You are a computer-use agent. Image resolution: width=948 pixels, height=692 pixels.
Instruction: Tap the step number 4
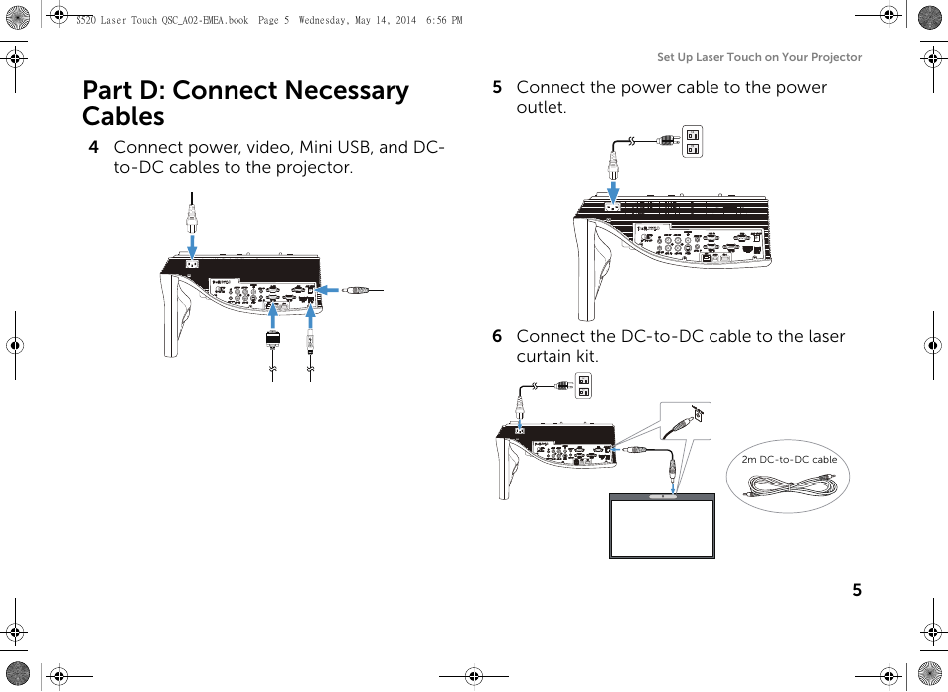click(x=93, y=147)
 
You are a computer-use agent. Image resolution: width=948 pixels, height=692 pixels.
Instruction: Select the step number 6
click(x=496, y=336)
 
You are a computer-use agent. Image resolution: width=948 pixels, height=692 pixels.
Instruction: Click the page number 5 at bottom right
click(x=856, y=590)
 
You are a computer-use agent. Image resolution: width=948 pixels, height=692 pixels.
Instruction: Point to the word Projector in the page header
click(x=836, y=57)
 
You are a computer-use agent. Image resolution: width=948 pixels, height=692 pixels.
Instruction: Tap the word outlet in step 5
click(x=541, y=107)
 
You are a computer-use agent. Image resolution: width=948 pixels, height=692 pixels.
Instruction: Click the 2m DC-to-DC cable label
click(x=789, y=460)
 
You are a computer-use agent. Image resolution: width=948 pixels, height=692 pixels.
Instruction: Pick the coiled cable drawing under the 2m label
click(x=790, y=486)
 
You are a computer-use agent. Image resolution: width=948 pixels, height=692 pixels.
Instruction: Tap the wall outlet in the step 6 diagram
click(x=584, y=385)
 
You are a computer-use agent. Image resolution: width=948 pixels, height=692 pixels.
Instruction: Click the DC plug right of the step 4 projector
click(x=360, y=290)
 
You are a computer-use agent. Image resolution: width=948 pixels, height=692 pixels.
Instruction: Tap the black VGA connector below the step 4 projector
click(x=273, y=339)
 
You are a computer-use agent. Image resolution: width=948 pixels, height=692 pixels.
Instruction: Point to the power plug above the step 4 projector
click(x=193, y=214)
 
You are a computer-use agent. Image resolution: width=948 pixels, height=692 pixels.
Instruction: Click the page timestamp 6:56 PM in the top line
click(x=443, y=20)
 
